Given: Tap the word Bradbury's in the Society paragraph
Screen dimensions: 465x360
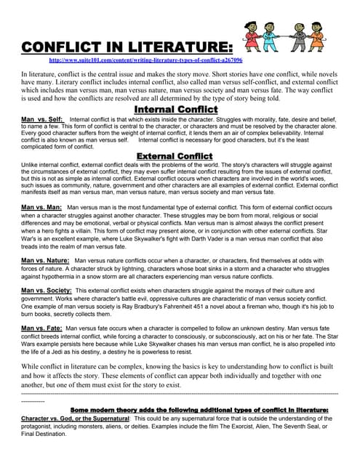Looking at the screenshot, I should click(152, 306).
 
